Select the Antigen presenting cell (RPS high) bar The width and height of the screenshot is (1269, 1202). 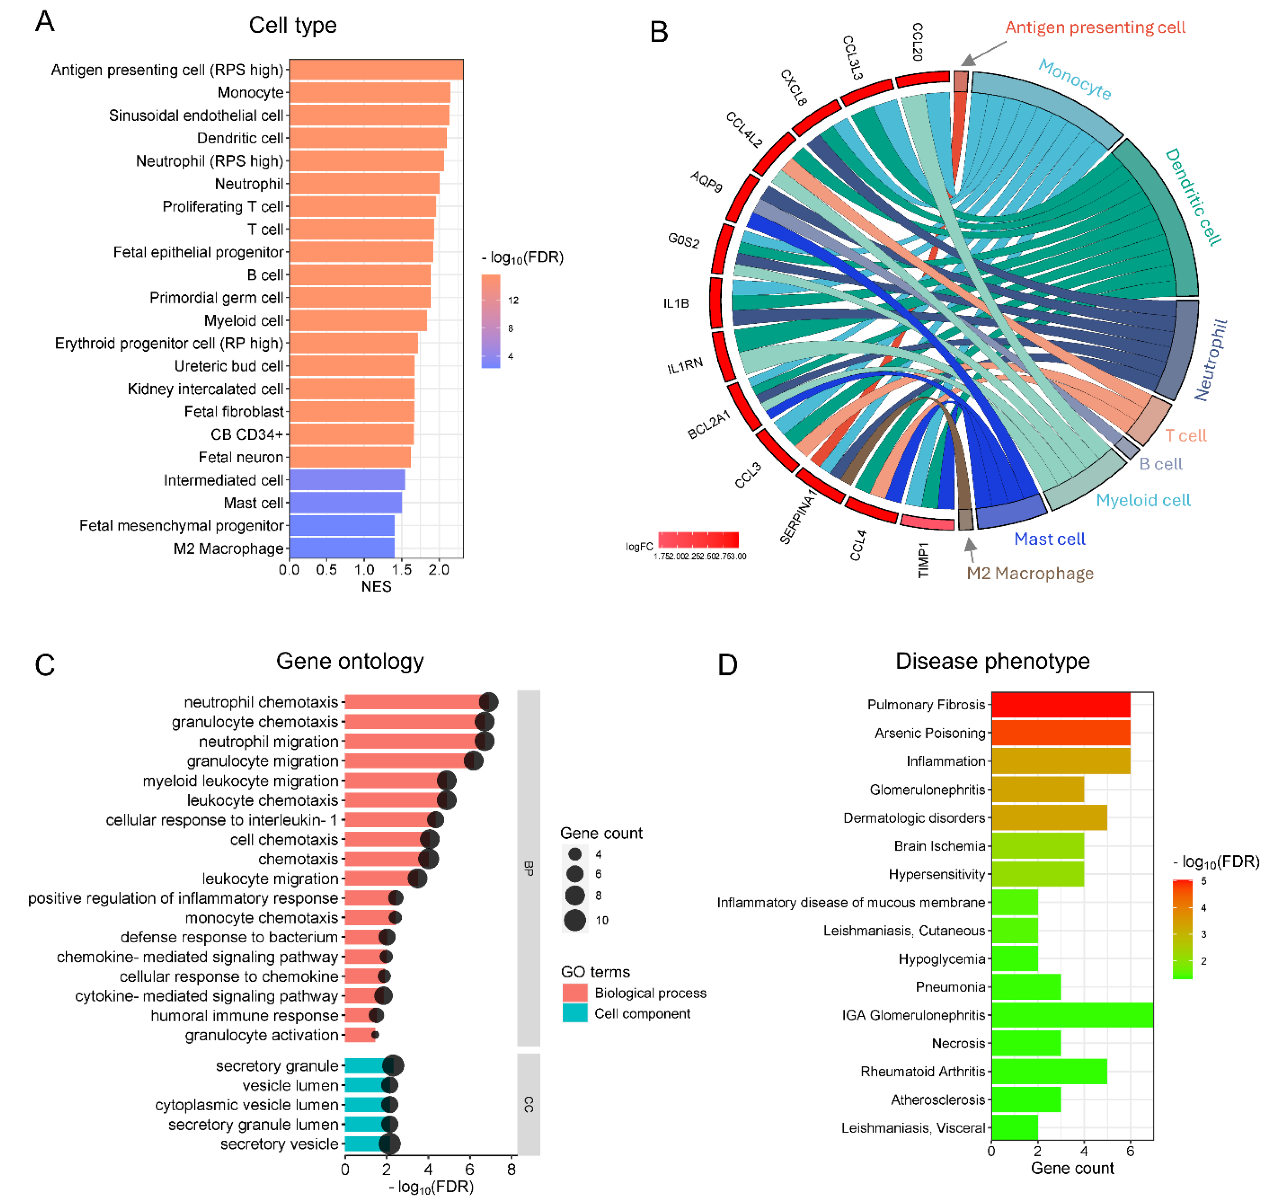tap(376, 70)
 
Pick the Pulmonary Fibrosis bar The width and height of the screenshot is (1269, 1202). tap(1060, 705)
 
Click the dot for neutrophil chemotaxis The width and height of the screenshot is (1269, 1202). tap(489, 702)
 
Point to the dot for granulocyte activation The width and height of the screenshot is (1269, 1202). tap(375, 1035)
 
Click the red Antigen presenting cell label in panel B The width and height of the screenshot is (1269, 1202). tap(1095, 28)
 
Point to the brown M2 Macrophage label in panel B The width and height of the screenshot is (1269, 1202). tap(1030, 573)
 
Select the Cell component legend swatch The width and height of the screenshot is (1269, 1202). tap(575, 1013)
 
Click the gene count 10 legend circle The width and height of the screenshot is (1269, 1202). tap(575, 920)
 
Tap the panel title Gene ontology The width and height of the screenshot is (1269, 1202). tap(350, 661)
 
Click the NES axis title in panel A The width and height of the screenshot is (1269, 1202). tap(376, 587)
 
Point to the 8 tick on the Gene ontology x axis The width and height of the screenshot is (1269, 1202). tap(511, 1170)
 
